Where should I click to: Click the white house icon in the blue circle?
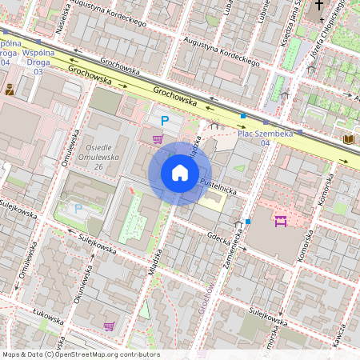pyautogui.click(x=179, y=174)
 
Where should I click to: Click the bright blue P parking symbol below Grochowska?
pyautogui.click(x=165, y=121)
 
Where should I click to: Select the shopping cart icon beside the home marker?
pyautogui.click(x=158, y=139)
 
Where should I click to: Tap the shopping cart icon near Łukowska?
pyautogui.click(x=109, y=326)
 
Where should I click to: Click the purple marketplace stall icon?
pyautogui.click(x=280, y=221)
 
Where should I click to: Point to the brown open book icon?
pyautogui.click(x=349, y=139)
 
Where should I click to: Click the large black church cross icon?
pyautogui.click(x=320, y=6)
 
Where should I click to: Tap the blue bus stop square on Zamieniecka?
pyautogui.click(x=248, y=221)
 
